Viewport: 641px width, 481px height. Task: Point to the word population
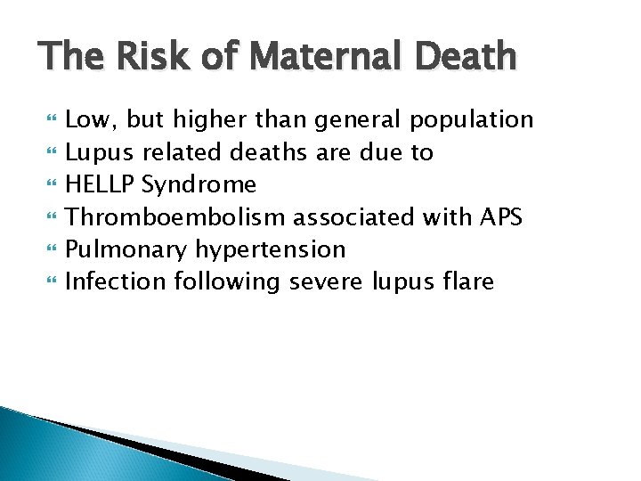(x=471, y=120)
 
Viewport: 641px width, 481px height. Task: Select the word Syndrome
(x=199, y=185)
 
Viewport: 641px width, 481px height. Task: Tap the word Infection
(x=116, y=281)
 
